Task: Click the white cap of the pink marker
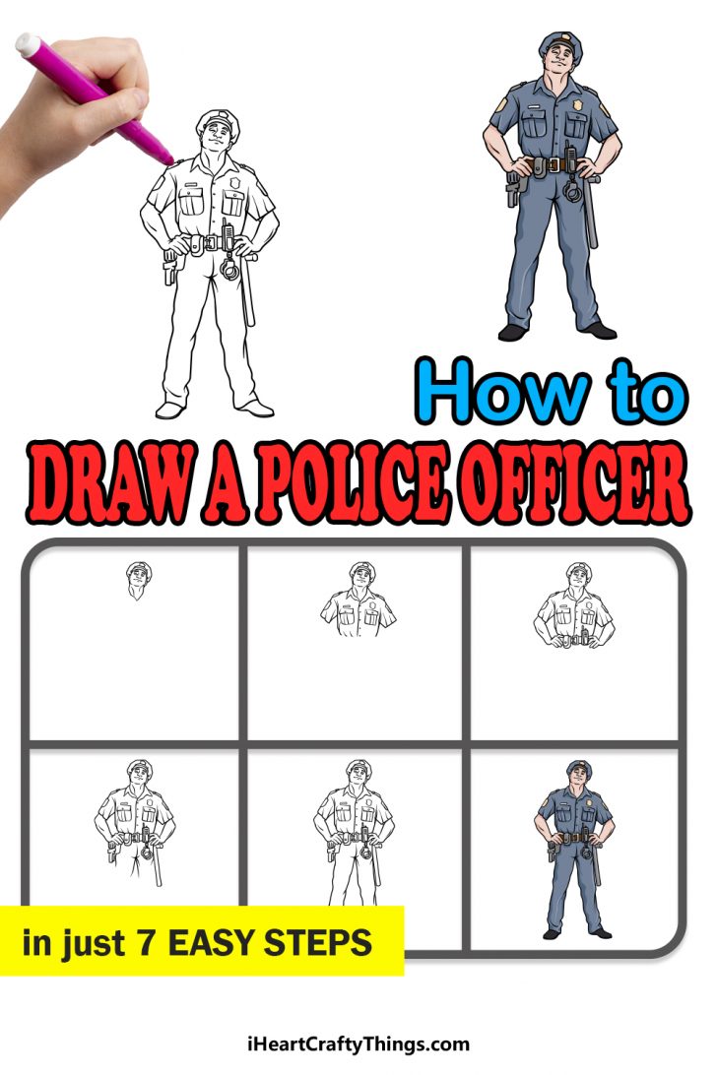click(x=27, y=44)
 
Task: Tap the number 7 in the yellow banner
click(x=144, y=943)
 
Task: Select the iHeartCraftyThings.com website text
click(x=358, y=1044)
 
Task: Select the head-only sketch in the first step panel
click(x=137, y=580)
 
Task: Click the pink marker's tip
click(x=167, y=157)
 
